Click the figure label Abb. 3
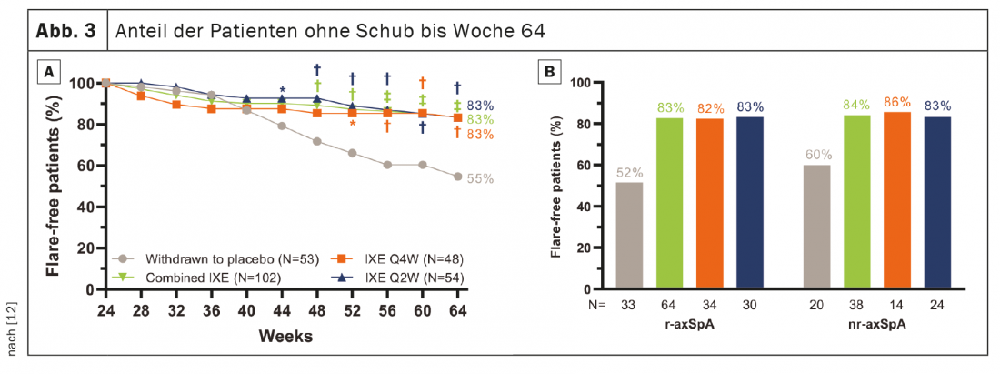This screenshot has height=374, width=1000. pos(65,30)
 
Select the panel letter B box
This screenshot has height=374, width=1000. pos(548,70)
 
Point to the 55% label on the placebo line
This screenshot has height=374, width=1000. pos(480,179)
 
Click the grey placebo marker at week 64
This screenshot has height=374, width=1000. pos(457,177)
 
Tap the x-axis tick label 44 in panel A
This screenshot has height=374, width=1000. pos(281,309)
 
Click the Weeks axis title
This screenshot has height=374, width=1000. pos(285,337)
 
